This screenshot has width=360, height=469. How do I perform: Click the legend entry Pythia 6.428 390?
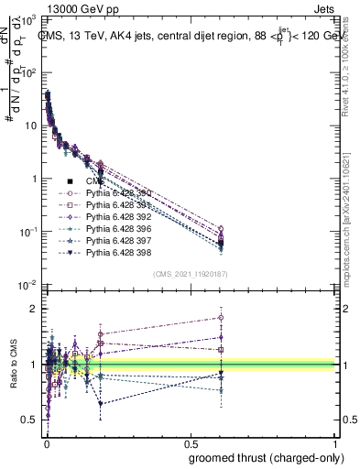pos(115,193)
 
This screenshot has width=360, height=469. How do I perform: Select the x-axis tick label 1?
pos(335,445)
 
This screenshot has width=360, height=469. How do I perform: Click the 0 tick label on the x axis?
pos(46,445)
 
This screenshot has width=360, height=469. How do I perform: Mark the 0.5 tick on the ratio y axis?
pos(29,420)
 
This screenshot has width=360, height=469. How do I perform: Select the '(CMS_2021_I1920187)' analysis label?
pos(190,274)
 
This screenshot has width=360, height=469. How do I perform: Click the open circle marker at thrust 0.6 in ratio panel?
pos(221,318)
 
